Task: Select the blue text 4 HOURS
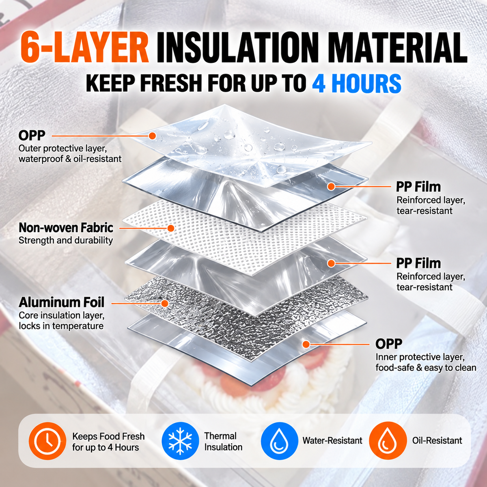357,84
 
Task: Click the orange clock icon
47,441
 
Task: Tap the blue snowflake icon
180,441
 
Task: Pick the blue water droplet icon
280,441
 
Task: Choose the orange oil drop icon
388,441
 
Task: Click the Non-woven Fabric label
66,228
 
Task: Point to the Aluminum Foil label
61,302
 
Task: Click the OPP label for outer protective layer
32,136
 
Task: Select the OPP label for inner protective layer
389,344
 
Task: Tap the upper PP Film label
418,187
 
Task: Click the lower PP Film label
418,263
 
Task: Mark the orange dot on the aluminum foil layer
165,303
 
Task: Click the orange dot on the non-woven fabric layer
171,228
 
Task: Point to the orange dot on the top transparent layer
152,136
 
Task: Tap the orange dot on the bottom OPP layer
306,344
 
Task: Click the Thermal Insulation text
223,441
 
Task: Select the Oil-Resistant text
437,440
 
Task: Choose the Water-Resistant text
332,440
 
